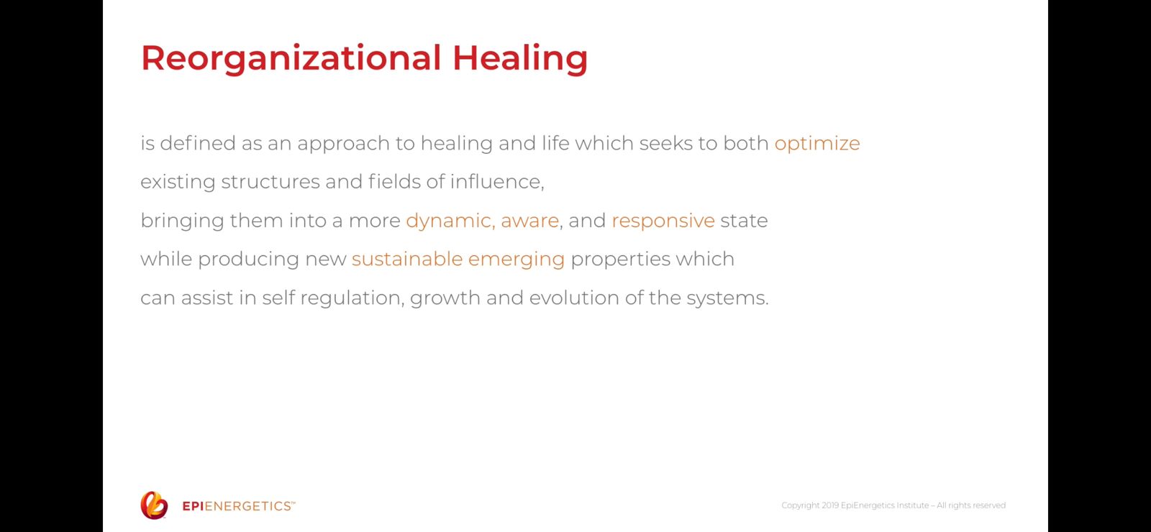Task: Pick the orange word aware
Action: (529, 221)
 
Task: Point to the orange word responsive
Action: (663, 221)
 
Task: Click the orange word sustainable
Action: (407, 259)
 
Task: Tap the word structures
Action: (270, 183)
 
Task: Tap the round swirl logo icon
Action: (154, 505)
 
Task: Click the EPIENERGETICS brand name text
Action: (239, 506)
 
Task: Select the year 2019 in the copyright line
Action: (830, 505)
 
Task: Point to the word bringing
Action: (183, 221)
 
